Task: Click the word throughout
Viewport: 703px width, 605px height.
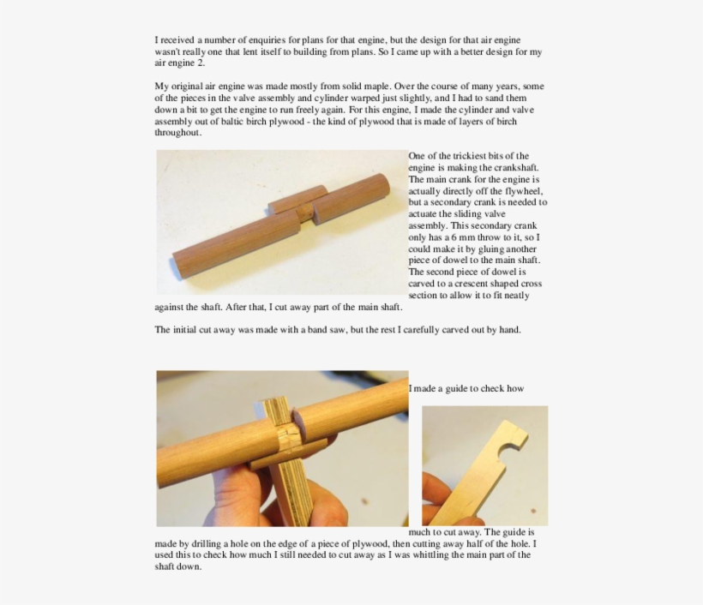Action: [178, 133]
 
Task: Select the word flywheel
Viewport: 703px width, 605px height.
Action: [521, 191]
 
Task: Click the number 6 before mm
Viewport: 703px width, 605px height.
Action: [454, 237]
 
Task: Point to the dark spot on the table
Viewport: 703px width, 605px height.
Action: [533, 510]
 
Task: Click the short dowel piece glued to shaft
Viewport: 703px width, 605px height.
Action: [297, 198]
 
